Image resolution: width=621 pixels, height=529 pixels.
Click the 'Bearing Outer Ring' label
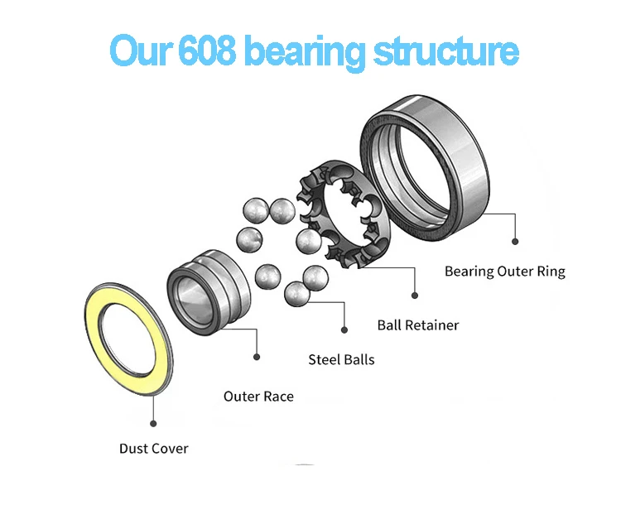point(505,272)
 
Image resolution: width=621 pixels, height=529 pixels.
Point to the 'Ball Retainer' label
point(418,325)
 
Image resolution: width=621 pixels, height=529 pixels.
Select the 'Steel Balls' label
point(341,359)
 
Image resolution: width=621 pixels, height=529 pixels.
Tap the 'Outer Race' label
point(258,397)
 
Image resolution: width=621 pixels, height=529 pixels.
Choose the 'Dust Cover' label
point(153,449)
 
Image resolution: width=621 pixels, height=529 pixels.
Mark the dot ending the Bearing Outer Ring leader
point(515,242)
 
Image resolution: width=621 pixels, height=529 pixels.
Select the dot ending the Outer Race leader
point(257,358)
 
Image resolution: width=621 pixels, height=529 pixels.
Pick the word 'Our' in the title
point(138,51)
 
